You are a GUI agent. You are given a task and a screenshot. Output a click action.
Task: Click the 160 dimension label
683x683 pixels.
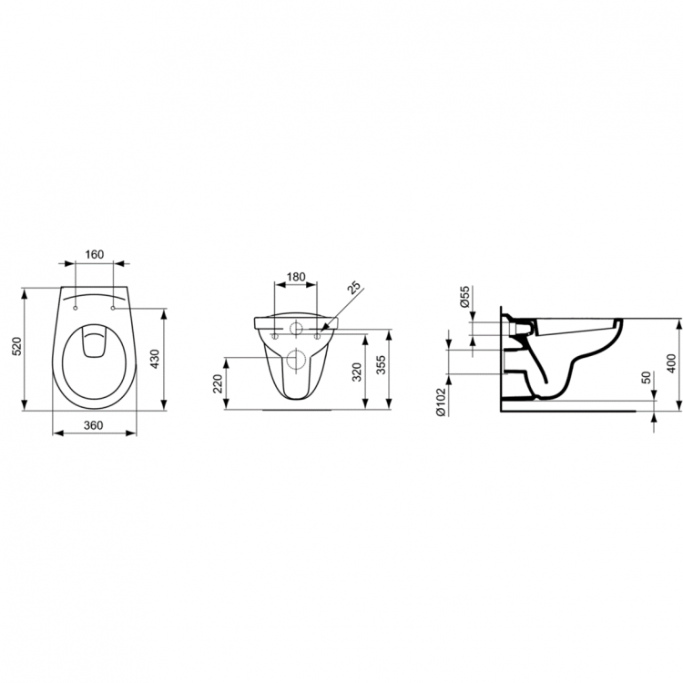[x=95, y=254]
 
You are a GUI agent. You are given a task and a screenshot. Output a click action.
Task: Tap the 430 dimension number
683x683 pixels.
[x=156, y=361]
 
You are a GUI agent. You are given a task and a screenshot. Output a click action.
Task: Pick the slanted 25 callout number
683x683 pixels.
[x=354, y=289]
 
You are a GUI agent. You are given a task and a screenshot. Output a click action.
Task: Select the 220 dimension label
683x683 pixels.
[x=218, y=382]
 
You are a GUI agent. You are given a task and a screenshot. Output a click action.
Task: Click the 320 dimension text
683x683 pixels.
[x=356, y=369]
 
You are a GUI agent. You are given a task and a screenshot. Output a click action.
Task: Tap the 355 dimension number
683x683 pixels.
[x=382, y=364]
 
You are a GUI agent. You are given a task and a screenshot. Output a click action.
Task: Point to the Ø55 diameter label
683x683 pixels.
[x=464, y=298]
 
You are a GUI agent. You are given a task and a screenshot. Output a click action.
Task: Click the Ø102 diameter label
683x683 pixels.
[x=441, y=402]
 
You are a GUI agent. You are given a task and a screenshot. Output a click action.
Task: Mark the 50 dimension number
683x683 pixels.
[x=646, y=378]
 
